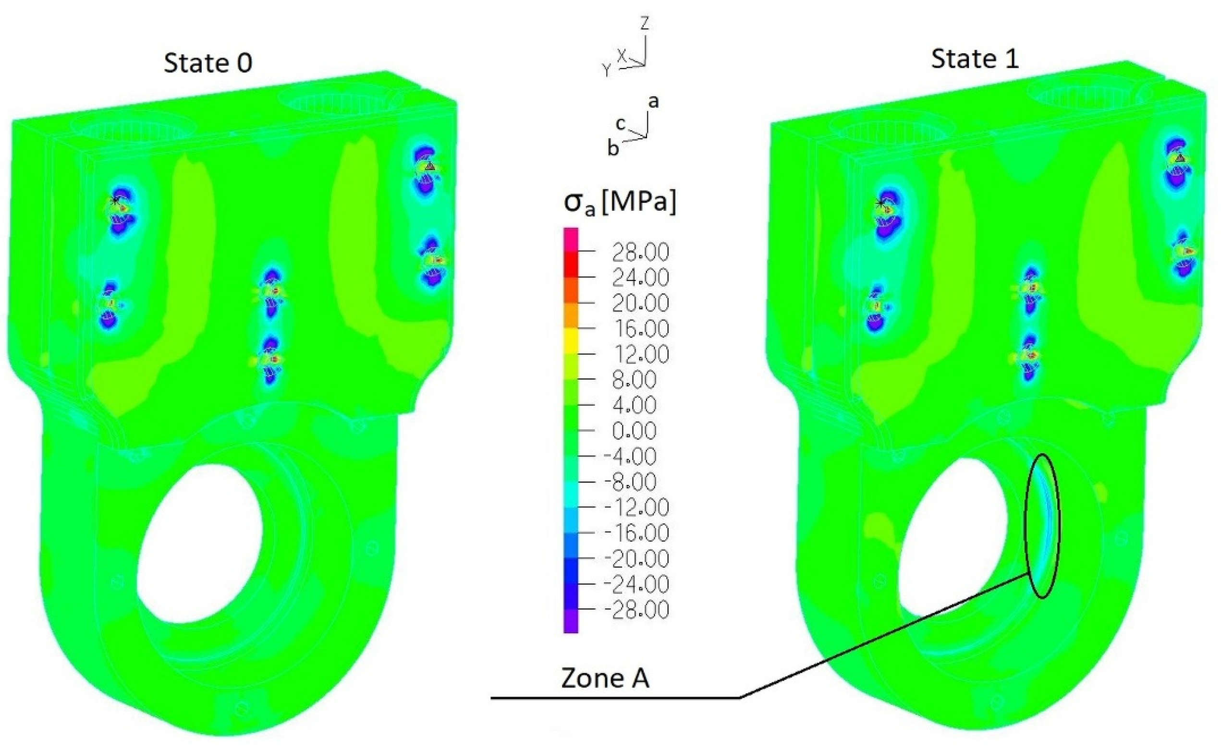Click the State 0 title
click(208, 63)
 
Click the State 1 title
click(975, 60)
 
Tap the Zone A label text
click(605, 678)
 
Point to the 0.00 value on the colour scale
click(635, 431)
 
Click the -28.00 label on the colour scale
click(636, 610)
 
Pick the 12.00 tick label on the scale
click(640, 355)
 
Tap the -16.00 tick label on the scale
click(636, 533)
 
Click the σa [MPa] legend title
click(620, 203)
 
